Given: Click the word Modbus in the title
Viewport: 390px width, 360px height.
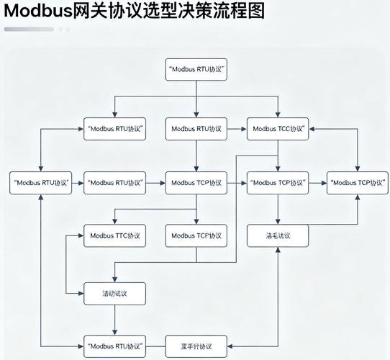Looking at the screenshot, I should coord(37,12).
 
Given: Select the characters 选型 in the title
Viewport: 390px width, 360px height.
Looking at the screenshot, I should coord(159,12).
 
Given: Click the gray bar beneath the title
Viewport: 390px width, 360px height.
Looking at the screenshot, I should coord(29,30).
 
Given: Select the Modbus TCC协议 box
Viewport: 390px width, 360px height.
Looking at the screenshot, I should coord(278,130).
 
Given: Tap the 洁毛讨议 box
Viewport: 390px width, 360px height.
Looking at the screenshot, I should coord(278,235).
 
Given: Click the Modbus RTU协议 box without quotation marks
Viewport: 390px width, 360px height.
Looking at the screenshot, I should coord(196,130).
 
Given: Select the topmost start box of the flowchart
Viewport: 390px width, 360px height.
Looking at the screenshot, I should coord(196,71).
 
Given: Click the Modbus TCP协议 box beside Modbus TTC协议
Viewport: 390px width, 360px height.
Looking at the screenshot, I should coord(196,235).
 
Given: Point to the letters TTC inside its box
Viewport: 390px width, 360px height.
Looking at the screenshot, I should coord(120,235).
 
